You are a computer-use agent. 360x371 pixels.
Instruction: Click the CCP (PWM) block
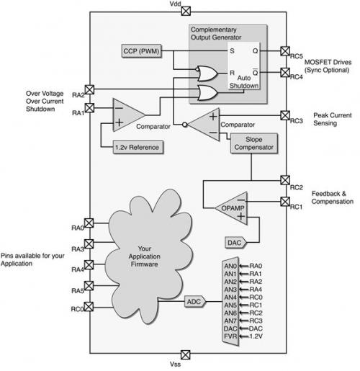tap(141, 51)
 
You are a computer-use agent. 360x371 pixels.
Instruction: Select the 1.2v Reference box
tap(138, 147)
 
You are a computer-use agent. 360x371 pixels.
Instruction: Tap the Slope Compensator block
tap(254, 143)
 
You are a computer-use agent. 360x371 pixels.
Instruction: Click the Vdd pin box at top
tap(186, 11)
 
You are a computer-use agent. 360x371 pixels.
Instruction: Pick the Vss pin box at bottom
tap(185, 354)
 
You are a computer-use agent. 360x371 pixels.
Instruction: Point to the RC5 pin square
tap(285, 51)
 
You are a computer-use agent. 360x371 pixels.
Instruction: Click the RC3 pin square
tap(285, 115)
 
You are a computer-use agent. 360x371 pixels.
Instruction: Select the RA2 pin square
tap(89, 89)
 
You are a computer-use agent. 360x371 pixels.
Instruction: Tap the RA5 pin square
tap(89, 286)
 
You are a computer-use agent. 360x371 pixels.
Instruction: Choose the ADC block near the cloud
tap(195, 302)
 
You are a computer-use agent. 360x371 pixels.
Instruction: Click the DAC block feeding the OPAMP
tap(235, 243)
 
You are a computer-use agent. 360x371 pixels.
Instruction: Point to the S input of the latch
tap(232, 51)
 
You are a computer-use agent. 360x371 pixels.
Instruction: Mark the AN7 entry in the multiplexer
tap(230, 321)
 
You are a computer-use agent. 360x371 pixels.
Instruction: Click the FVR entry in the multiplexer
tap(230, 336)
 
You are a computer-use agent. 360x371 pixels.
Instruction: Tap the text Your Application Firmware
tap(144, 256)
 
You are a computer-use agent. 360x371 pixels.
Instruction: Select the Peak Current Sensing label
tap(333, 119)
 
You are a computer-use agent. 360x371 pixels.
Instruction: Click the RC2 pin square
tap(285, 180)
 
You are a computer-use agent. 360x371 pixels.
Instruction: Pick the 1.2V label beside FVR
tap(256, 336)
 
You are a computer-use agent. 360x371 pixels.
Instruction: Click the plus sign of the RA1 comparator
tap(119, 122)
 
